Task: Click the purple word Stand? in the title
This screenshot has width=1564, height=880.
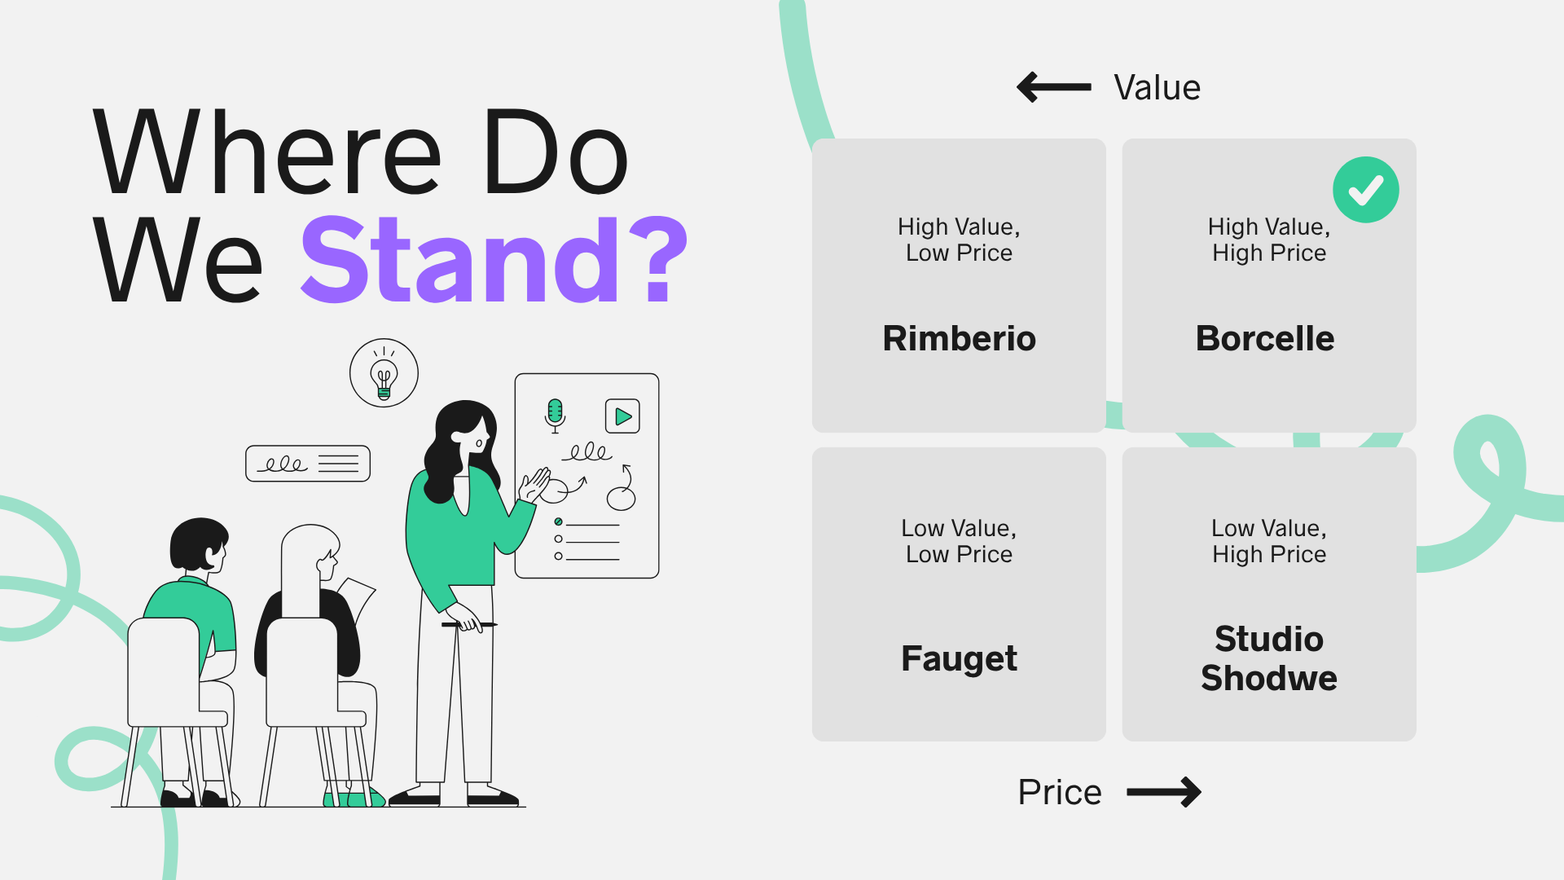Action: click(x=494, y=259)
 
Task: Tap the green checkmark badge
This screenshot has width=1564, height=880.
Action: click(x=1366, y=190)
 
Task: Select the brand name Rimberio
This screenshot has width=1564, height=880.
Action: click(x=959, y=338)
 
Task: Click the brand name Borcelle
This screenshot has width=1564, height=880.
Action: click(x=1265, y=338)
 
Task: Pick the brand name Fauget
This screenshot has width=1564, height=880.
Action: click(x=959, y=658)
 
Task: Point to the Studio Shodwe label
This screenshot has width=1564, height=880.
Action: click(x=1269, y=658)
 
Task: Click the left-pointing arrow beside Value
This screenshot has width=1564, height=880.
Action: click(x=1054, y=87)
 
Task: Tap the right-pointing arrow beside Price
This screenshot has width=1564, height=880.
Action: click(x=1164, y=792)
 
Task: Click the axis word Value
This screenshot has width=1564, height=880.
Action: click(x=1157, y=88)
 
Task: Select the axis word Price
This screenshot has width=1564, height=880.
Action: click(x=1060, y=792)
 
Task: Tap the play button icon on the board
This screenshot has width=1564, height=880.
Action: click(x=622, y=416)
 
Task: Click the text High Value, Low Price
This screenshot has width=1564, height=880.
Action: click(x=959, y=240)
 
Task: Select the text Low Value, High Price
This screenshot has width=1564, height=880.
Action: click(x=1269, y=541)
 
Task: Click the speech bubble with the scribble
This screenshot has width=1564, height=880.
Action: click(x=308, y=464)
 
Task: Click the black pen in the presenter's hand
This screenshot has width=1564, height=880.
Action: click(x=469, y=625)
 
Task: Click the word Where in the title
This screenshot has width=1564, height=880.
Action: click(x=267, y=152)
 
